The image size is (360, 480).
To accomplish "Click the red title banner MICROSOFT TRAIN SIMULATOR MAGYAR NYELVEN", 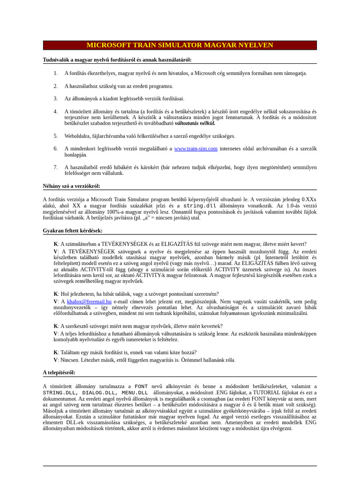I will (x=180, y=45).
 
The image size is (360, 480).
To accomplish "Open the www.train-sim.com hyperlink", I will (x=195, y=149).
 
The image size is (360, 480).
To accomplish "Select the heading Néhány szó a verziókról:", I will (x=72, y=186).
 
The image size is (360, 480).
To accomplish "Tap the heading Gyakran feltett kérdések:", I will (x=73, y=231).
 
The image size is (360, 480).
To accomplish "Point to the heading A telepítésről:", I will (x=59, y=373).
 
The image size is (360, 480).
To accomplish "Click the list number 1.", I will (x=55, y=73).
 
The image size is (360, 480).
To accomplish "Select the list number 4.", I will (x=55, y=112).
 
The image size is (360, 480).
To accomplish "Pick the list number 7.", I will (x=55, y=167).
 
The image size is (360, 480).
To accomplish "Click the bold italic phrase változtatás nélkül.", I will (x=195, y=124).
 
